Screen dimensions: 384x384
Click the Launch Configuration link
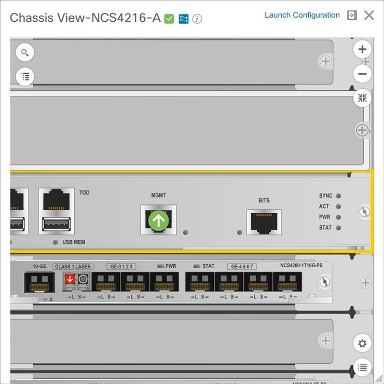pyautogui.click(x=302, y=15)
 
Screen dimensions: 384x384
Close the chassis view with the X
pyautogui.click(x=369, y=15)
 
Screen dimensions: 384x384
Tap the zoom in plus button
pyautogui.click(x=362, y=50)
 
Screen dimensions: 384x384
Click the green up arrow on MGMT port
pyautogui.click(x=159, y=221)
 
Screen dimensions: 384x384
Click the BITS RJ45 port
pyautogui.click(x=264, y=222)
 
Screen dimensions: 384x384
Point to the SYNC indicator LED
pyautogui.click(x=338, y=196)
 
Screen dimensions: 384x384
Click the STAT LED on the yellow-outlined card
pyautogui.click(x=338, y=228)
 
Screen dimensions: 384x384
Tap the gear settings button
pyautogui.click(x=362, y=344)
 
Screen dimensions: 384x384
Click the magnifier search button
pyautogui.click(x=25, y=52)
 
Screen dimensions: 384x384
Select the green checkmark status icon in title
pyautogui.click(x=169, y=19)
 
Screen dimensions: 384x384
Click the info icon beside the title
pyautogui.click(x=197, y=19)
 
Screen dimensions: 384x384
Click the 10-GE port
pyautogui.click(x=39, y=282)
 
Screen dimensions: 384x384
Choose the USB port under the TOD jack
pyautogui.click(x=56, y=225)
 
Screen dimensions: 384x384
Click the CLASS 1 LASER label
pyautogui.click(x=73, y=266)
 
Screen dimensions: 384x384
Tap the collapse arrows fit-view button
pyautogui.click(x=362, y=98)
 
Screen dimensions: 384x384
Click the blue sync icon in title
pyautogui.click(x=183, y=19)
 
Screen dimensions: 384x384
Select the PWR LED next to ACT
pyautogui.click(x=338, y=217)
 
